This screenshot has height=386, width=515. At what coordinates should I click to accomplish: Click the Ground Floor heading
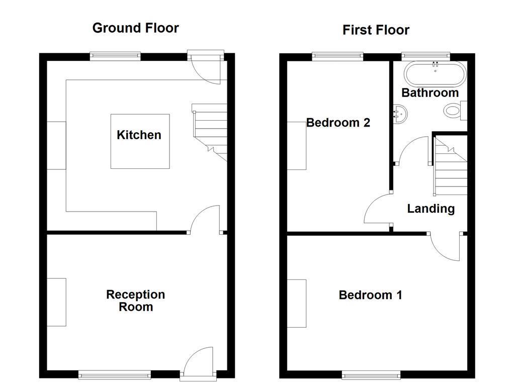(x=135, y=28)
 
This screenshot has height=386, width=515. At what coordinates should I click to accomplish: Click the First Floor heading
(x=376, y=30)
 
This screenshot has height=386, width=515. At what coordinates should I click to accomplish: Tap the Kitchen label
(x=139, y=135)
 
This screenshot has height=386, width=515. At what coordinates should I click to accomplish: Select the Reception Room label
(x=135, y=301)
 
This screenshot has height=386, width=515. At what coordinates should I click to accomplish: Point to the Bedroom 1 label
(x=370, y=295)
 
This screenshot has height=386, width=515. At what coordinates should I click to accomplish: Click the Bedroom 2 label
(x=338, y=123)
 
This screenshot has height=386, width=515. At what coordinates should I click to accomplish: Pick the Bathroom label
(x=430, y=93)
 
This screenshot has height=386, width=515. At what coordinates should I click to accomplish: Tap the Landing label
(x=431, y=209)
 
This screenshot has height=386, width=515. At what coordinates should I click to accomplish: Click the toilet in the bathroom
(x=455, y=110)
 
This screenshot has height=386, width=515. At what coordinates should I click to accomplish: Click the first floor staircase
(x=451, y=168)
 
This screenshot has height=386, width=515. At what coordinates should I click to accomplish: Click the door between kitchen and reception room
(x=206, y=220)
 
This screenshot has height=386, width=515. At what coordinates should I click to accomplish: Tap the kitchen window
(x=115, y=56)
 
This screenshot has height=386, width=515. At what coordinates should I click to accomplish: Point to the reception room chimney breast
(x=56, y=302)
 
